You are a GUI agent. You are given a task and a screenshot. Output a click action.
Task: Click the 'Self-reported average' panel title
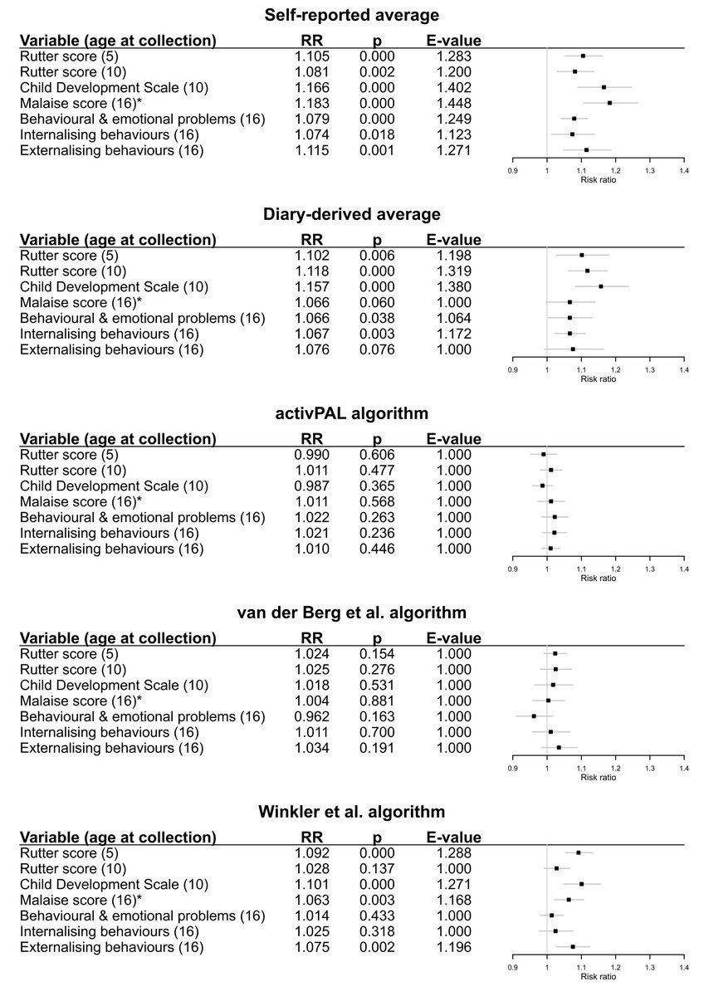(x=351, y=15)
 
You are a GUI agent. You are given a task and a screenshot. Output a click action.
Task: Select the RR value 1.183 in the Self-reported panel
(x=312, y=103)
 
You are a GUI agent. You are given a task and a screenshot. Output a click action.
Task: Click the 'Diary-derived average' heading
(x=351, y=214)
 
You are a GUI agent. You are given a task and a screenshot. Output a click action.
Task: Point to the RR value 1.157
(x=312, y=286)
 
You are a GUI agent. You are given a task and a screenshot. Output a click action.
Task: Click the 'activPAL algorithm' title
(x=351, y=413)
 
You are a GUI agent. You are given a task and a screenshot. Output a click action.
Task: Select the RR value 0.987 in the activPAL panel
(x=312, y=486)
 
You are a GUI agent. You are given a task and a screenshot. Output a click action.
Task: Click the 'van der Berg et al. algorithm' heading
(x=351, y=613)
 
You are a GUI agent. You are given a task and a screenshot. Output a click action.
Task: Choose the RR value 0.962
(x=312, y=715)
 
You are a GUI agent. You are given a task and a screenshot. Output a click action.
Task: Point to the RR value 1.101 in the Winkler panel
(x=312, y=884)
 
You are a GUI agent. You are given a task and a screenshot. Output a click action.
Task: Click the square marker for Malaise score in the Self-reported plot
(x=609, y=103)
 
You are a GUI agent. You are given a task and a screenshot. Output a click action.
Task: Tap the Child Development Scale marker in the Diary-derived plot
(x=600, y=286)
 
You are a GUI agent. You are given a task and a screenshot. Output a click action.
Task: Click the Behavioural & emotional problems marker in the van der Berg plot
(x=534, y=715)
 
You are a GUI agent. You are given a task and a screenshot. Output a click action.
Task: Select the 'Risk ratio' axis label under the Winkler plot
(x=599, y=976)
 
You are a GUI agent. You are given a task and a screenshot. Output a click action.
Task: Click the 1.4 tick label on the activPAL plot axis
(x=683, y=569)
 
